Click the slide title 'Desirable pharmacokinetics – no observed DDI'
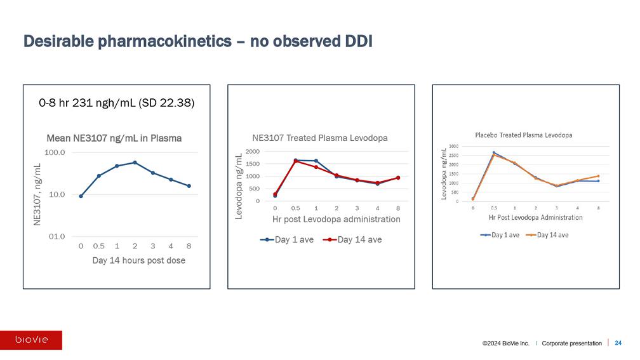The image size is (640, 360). click(x=197, y=42)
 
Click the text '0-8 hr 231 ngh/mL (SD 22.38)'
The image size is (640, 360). click(x=116, y=103)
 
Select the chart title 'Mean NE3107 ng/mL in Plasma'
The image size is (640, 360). click(x=114, y=138)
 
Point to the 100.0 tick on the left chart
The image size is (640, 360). click(x=57, y=153)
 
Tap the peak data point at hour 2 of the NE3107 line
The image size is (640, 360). click(x=135, y=163)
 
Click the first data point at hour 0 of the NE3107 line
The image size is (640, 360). click(x=81, y=196)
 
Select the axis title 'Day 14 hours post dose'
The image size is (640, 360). click(x=139, y=260)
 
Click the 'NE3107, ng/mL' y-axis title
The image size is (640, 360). click(x=37, y=194)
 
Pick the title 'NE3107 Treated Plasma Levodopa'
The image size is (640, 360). click(x=319, y=138)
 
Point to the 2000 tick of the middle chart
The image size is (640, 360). click(x=251, y=152)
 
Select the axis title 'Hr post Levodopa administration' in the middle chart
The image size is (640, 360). click(x=336, y=219)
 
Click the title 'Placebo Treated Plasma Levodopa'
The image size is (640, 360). click(x=524, y=135)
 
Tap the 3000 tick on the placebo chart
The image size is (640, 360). click(x=454, y=147)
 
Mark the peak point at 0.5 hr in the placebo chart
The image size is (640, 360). click(x=493, y=153)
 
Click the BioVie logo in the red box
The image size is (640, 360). click(x=31, y=340)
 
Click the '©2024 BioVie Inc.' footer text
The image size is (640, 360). click(x=505, y=343)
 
